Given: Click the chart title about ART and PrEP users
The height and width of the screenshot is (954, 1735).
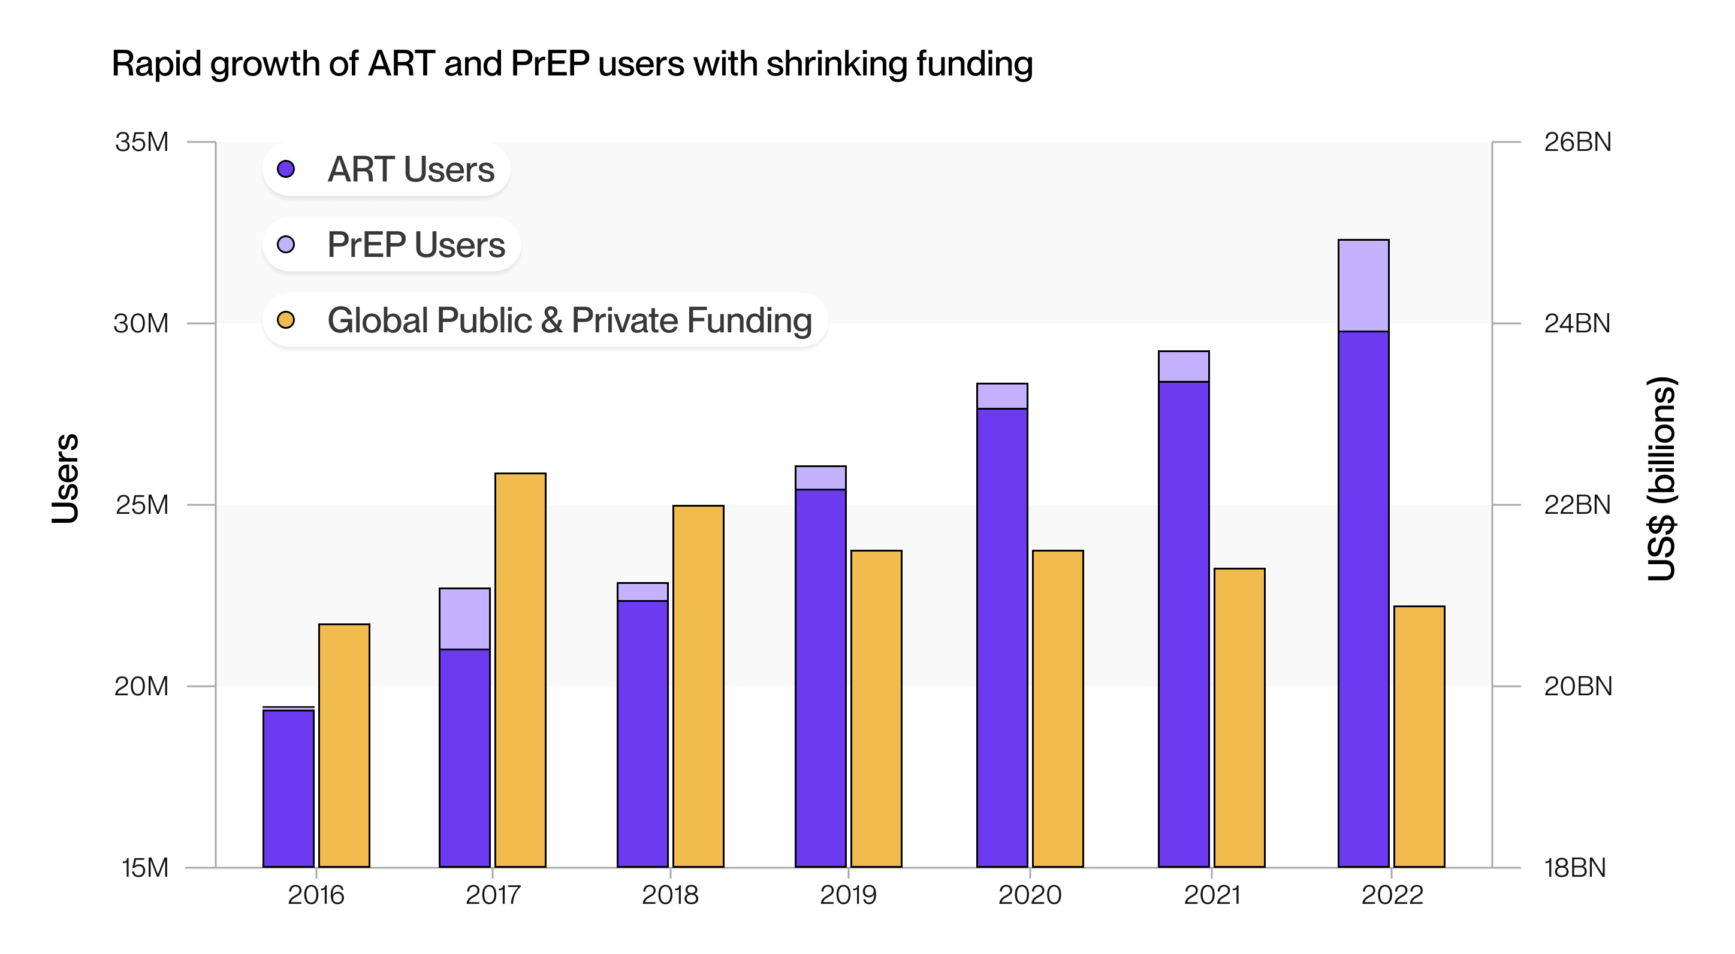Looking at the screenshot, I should [572, 65].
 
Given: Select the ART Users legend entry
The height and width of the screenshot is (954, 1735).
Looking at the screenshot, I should [386, 169].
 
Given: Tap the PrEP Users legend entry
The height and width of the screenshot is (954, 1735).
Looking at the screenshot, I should [391, 244].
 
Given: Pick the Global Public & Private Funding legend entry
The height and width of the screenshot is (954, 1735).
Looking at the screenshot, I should [545, 320].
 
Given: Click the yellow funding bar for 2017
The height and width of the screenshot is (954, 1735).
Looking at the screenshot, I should [520, 670].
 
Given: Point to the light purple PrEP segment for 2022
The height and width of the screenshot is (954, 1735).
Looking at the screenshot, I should [1363, 286].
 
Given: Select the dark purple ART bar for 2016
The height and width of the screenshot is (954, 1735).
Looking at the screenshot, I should [288, 788].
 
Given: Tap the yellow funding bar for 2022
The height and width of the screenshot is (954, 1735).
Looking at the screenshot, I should [1419, 736].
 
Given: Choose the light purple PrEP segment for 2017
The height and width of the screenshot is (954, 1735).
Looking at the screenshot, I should [464, 619].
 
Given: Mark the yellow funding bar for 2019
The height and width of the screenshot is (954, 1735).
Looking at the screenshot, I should [876, 708].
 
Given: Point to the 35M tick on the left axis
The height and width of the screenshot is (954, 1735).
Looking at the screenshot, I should [142, 142].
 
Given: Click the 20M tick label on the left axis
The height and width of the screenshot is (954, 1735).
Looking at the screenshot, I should [141, 686].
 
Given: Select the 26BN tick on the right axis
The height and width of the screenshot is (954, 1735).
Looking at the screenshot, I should [1577, 142].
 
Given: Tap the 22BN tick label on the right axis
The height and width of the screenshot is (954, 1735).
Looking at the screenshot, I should [1577, 505].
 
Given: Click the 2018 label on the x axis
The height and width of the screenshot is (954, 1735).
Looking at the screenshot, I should [669, 895].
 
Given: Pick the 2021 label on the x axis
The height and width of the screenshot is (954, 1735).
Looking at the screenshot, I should [1212, 895].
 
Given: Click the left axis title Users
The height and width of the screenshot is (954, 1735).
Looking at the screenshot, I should [65, 478].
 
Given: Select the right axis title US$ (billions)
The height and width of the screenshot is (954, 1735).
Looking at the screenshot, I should [1662, 478].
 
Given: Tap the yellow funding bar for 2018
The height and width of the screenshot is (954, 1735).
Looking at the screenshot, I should [698, 686].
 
